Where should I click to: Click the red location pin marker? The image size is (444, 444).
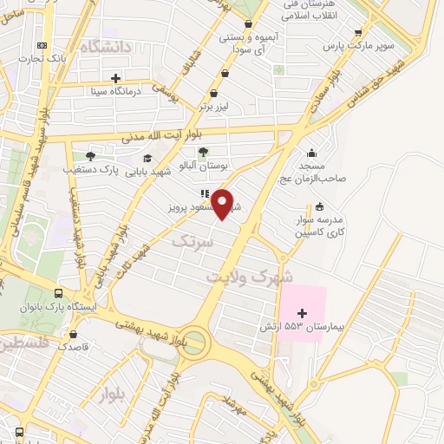[x=223, y=203]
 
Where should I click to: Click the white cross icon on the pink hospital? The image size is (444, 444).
[x=302, y=313]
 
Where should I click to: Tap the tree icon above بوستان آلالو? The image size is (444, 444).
[x=203, y=151]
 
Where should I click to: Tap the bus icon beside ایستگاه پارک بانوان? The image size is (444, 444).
[x=56, y=293]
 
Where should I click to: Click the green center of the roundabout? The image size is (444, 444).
[x=194, y=342]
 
